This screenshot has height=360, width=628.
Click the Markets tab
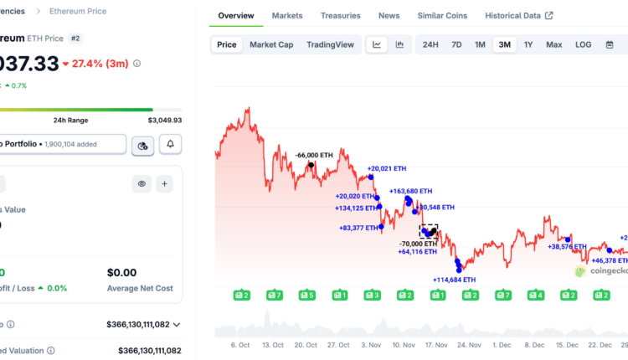[x=287, y=16]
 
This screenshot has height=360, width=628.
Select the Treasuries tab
[x=341, y=16]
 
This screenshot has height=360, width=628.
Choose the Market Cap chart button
[x=271, y=44]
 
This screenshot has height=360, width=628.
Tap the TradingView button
[x=330, y=44]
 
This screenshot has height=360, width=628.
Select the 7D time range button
[x=456, y=44]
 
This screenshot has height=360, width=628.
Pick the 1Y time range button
[x=528, y=44]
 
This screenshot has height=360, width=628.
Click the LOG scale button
[x=583, y=44]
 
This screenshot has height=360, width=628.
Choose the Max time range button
[x=553, y=44]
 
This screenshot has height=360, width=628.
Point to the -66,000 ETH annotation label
[x=314, y=155]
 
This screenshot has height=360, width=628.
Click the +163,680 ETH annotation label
[x=411, y=191]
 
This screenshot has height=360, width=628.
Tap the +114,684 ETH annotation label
[x=454, y=280]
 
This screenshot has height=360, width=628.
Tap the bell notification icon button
[x=171, y=145]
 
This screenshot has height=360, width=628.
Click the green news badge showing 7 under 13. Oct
[x=274, y=295]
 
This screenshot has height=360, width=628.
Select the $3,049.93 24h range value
[x=165, y=121]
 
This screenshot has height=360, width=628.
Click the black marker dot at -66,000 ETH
[x=311, y=164]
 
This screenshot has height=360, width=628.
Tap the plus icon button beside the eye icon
[x=164, y=183]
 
